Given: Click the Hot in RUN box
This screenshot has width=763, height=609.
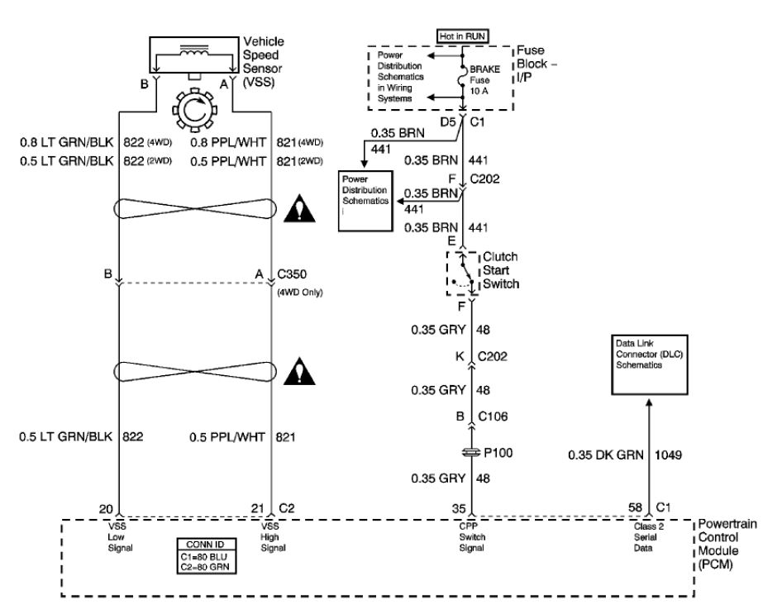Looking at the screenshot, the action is [462, 36].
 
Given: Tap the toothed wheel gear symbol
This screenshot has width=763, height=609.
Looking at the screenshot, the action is [194, 110].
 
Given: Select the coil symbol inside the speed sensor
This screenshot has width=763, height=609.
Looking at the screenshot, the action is [194, 50].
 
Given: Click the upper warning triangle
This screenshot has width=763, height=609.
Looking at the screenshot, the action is [300, 209].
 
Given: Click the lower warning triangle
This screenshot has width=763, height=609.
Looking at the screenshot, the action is [300, 371].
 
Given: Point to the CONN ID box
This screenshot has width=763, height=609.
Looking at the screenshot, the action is [207, 556].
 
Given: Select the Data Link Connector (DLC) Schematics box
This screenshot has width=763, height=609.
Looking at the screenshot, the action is [650, 364].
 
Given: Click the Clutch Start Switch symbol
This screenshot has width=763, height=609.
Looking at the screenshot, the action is [462, 274].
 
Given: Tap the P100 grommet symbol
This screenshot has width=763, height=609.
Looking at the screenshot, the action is [471, 453].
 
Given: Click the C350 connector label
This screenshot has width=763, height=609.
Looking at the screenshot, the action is [292, 274].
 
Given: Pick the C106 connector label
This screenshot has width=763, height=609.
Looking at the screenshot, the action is [493, 416].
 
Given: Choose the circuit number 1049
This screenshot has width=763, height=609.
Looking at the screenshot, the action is [668, 455].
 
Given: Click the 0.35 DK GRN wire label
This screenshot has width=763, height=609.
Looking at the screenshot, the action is [606, 455].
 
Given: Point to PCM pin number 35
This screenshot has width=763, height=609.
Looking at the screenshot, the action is [459, 509].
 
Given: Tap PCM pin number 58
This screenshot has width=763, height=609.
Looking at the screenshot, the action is [635, 508].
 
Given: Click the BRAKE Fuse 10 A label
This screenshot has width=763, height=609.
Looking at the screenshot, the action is [484, 80].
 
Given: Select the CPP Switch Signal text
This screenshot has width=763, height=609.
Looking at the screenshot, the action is [472, 537].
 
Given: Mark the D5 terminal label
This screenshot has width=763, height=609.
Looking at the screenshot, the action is [448, 121].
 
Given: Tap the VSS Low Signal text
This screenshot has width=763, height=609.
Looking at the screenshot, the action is [120, 537].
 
